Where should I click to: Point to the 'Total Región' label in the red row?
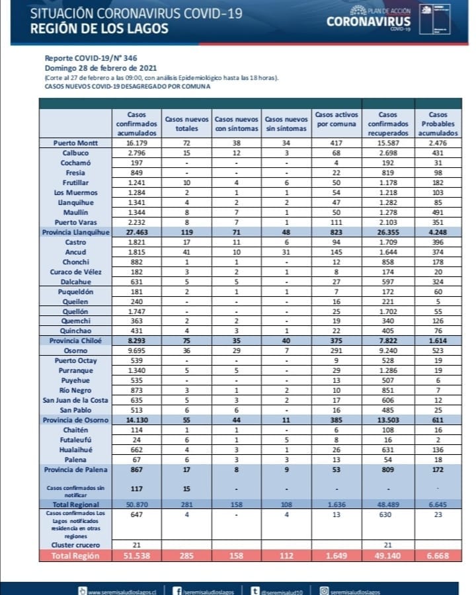pyautogui.click(x=76, y=555)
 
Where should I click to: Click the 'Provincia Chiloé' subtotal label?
pyautogui.click(x=75, y=340)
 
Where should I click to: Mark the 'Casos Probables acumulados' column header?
pyautogui.click(x=434, y=124)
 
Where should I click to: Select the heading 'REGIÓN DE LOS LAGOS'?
pyautogui.click(x=99, y=28)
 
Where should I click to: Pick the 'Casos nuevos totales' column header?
pyautogui.click(x=187, y=124)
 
